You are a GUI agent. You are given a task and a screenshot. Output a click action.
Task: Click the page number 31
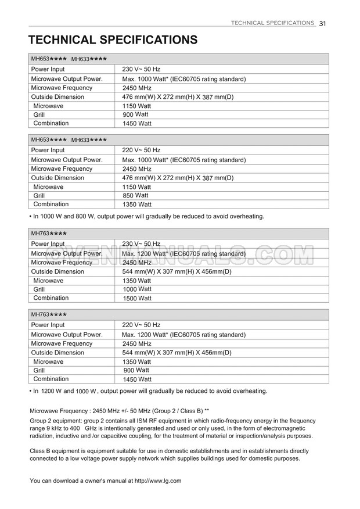[323, 23]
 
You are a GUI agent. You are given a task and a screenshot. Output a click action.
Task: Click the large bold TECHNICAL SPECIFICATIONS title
[113, 40]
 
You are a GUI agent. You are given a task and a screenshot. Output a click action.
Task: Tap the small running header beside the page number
[272, 23]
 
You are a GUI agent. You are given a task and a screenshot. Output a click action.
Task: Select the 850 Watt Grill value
[136, 196]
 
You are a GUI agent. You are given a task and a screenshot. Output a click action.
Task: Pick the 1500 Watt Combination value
[137, 298]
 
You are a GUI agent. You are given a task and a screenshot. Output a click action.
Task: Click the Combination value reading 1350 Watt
[137, 205]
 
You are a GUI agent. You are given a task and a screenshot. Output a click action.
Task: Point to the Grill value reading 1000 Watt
[137, 289]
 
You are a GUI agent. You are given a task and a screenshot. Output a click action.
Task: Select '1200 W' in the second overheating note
[51, 391]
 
